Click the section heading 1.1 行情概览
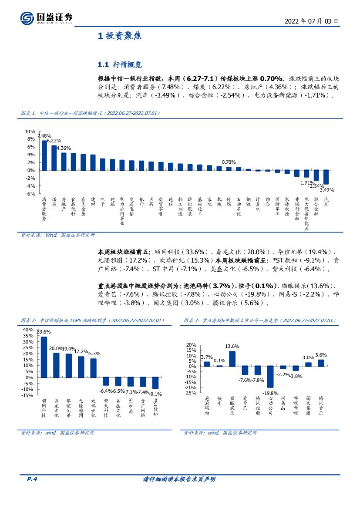pyautogui.click(x=120, y=65)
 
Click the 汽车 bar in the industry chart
pyautogui.click(x=326, y=177)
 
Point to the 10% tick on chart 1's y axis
pyautogui.click(x=30, y=131)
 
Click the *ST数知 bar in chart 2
pyautogui.click(x=155, y=383)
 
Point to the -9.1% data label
pyautogui.click(x=155, y=394)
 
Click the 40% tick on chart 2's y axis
pyautogui.click(x=27, y=330)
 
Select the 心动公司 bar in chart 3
pyautogui.click(x=270, y=377)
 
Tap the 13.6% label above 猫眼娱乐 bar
pyautogui.click(x=232, y=346)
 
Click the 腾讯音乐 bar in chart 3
pyautogui.click(x=321, y=363)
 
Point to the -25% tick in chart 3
pyautogui.click(x=191, y=393)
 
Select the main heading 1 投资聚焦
pyautogui.click(x=120, y=36)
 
